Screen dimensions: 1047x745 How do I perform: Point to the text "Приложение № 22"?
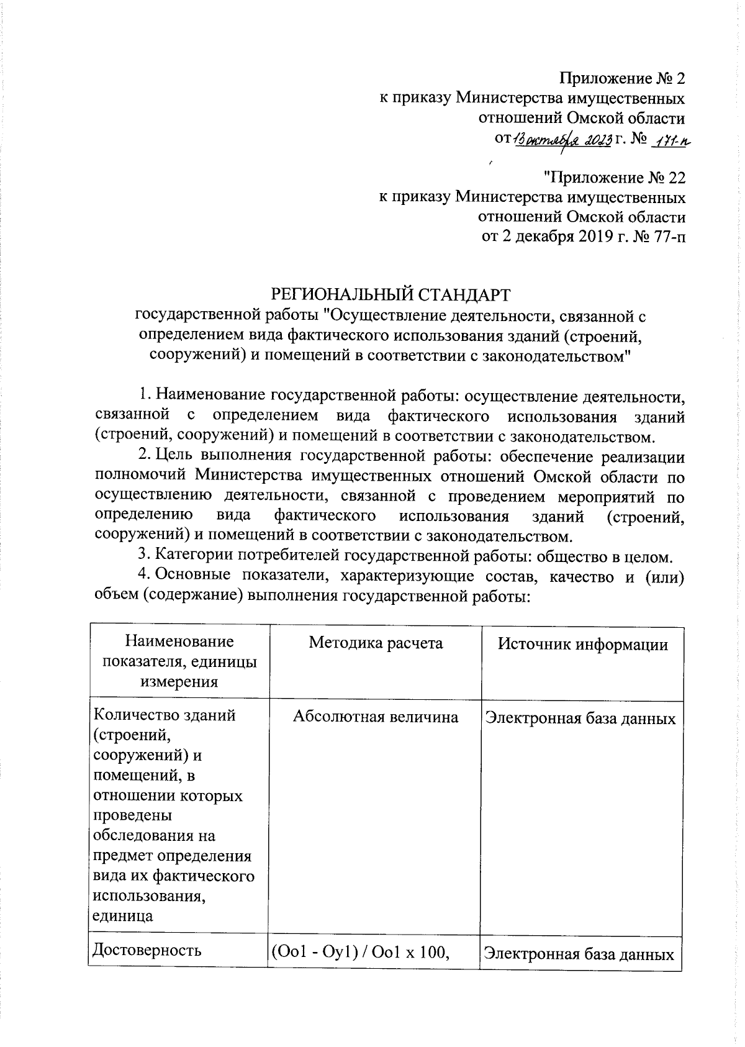tap(614, 178)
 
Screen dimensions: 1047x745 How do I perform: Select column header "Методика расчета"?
tap(376, 643)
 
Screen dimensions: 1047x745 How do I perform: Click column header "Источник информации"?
tap(582, 644)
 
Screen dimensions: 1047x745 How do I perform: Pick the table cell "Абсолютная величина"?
tap(376, 717)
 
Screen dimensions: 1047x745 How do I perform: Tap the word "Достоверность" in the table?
tap(147, 950)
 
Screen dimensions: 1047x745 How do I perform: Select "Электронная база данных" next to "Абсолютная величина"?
tap(580, 718)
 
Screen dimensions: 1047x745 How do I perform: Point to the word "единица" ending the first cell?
tap(123, 916)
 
